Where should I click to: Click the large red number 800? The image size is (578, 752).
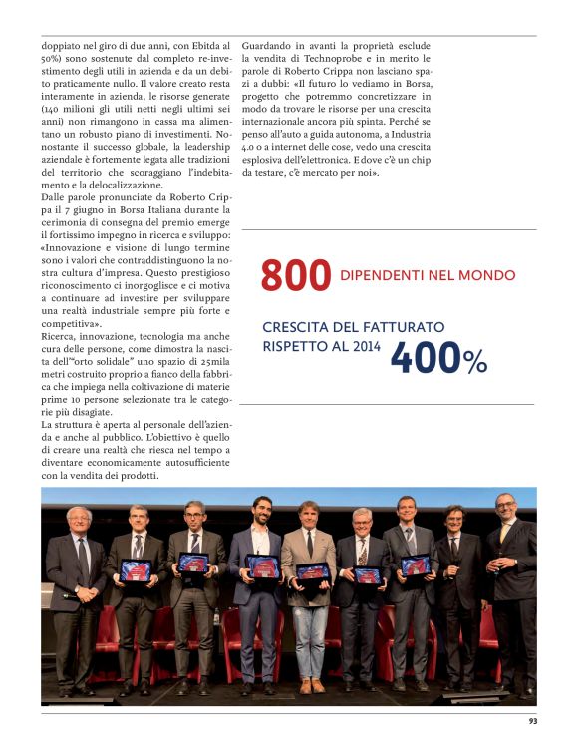pos(295,276)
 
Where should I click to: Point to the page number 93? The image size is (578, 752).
pos(534,722)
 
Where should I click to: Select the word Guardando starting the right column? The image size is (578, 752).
pos(267,46)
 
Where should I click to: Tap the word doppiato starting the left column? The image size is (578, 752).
pos(62,46)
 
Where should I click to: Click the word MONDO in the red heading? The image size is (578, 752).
pos(490,275)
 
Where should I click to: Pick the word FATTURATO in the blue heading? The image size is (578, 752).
pos(403,327)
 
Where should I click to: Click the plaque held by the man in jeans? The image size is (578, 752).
pos(312,571)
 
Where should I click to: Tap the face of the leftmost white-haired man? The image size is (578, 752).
pos(79,520)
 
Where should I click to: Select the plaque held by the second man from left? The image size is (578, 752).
pos(136,570)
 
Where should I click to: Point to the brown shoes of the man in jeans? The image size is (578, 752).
pos(312,685)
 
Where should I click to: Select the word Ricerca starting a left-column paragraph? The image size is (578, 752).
pos(59,337)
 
